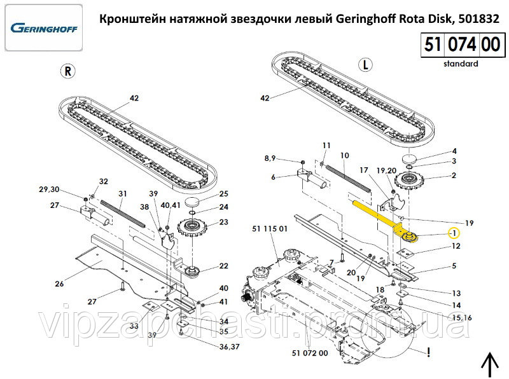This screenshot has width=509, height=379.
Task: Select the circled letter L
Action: tap(365, 65)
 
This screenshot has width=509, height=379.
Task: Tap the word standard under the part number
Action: tap(461, 64)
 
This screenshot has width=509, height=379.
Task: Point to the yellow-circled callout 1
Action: tap(454, 233)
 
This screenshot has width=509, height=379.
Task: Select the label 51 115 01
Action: tap(270, 228)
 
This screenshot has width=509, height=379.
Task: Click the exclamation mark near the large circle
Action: tap(430, 350)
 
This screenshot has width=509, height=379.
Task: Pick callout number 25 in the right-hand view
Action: tap(224, 193)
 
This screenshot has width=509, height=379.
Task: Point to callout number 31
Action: tap(123, 193)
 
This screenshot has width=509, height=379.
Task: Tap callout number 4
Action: tap(454, 151)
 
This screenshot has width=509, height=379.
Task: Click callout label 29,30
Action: tap(49, 190)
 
